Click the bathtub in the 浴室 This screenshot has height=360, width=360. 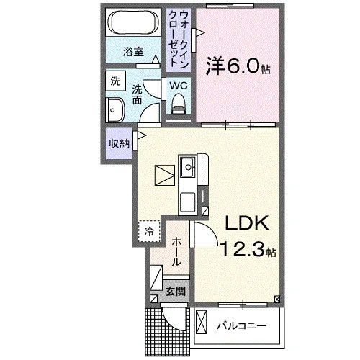pos(133,23)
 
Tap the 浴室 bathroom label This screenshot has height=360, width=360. pos(133,52)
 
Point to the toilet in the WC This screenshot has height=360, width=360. pos(179,104)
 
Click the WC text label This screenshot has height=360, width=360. pos(179,86)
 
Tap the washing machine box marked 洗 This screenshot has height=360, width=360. pos(116,81)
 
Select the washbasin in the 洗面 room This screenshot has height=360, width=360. pos(115,110)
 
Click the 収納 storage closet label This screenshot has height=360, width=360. pos(120,144)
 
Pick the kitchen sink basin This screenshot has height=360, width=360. pos(188,167)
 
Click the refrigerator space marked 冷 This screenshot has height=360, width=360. pos(149,231)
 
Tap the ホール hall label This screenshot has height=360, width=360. pos(176,251)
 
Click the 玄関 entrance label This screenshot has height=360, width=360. pos(176,292)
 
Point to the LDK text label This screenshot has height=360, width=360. pos(246,223)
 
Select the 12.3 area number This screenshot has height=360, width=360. pos(243,249)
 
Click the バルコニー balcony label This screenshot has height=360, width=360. pos(242,326)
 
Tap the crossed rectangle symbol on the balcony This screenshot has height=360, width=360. pos(202,322)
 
